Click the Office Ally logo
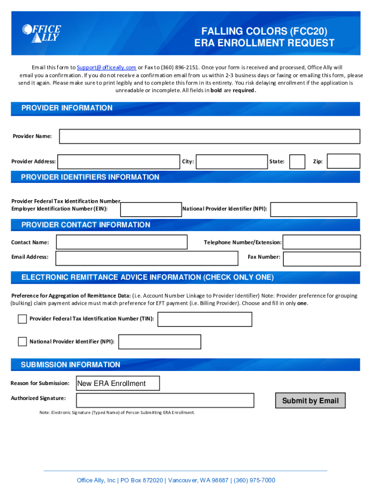point(41,33)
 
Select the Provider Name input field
point(209,137)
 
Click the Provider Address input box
point(119,162)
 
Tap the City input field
point(232,162)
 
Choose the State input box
point(298,162)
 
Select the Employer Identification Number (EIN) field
point(151,209)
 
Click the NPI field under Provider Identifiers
point(314,209)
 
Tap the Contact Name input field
point(121,242)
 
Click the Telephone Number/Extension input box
point(321,242)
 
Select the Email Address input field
point(147,258)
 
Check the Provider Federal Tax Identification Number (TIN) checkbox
point(22,319)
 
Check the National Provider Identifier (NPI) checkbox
point(22,342)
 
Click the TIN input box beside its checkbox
point(205,319)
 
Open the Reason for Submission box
point(118,384)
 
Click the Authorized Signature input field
point(165,400)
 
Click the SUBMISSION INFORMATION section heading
point(70,365)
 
